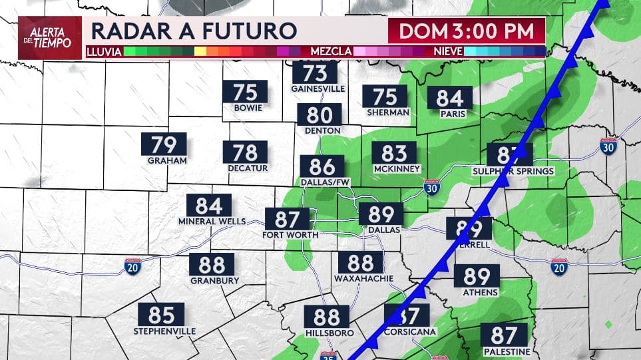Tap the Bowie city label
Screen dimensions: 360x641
point(248,108)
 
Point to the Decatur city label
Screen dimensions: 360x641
point(248,168)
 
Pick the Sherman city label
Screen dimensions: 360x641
point(387,112)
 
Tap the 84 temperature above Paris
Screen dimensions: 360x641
point(450,98)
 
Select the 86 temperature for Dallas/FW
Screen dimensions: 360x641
point(322,166)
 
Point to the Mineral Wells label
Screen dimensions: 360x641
point(212,221)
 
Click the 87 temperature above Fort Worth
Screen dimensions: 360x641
point(288,219)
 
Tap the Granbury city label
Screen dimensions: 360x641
point(212,280)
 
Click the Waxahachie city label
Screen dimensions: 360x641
point(361,278)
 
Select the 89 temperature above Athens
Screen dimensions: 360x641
point(477,275)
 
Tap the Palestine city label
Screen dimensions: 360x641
point(507,351)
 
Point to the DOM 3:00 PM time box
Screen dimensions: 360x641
point(467,31)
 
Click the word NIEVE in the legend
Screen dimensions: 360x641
point(448,51)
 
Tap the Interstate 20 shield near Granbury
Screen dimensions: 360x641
point(132,268)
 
